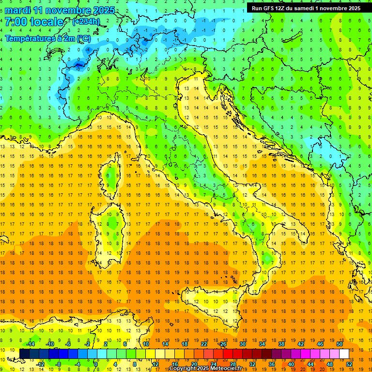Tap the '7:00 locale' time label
tap(34, 22)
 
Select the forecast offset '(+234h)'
tap(86, 22)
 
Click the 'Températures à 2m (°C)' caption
tap(47, 38)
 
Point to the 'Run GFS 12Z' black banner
tap(306, 8)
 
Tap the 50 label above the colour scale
tap(339, 343)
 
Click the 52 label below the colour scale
tap(349, 364)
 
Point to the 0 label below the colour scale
tap(96, 364)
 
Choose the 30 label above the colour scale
tap(242, 343)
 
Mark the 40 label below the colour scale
tap(291, 364)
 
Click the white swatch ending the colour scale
tap(344, 354)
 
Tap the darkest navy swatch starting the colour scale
tap(24, 354)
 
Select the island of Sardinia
tap(112, 228)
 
